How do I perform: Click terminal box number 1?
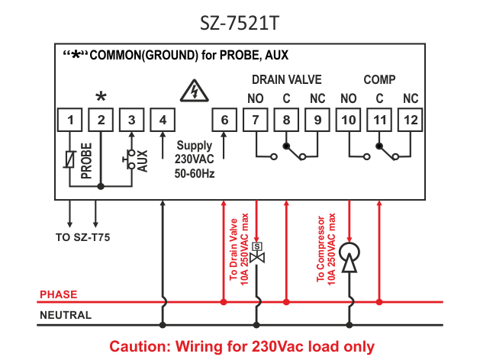coord(69,120)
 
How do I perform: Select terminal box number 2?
coord(100,120)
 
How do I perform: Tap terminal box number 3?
coord(131,120)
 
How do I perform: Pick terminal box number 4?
coord(163,120)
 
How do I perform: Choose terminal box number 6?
coord(224,120)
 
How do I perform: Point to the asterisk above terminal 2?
coord(100,98)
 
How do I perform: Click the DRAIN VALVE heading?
coord(287,79)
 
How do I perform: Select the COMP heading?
coord(379,79)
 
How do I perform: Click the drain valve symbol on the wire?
coord(257,252)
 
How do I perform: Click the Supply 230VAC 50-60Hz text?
coord(195,159)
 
